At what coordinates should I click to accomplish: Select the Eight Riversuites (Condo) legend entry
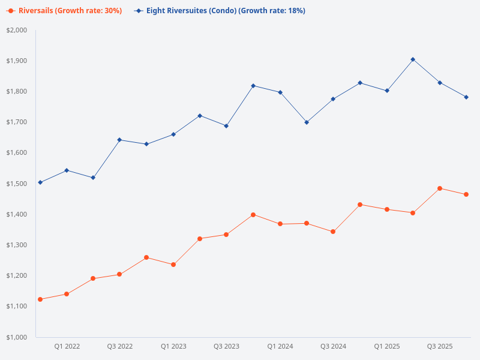(x=220, y=11)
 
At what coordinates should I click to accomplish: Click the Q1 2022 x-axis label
(x=67, y=346)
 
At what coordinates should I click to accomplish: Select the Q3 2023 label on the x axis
(x=227, y=346)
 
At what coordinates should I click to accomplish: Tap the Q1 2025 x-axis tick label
(x=387, y=346)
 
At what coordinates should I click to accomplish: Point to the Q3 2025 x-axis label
(x=440, y=346)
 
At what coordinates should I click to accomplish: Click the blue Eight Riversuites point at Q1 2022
(x=67, y=170)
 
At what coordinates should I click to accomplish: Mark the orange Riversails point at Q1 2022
(x=67, y=294)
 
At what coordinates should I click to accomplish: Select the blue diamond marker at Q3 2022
(x=119, y=140)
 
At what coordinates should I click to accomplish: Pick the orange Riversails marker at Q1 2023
(x=173, y=265)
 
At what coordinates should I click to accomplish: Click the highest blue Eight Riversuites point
(x=413, y=59)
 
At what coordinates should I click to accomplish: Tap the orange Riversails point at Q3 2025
(x=440, y=188)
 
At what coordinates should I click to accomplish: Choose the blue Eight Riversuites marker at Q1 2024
(x=280, y=92)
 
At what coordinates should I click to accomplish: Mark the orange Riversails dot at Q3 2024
(x=333, y=232)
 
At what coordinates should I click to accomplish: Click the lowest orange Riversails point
(x=40, y=299)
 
